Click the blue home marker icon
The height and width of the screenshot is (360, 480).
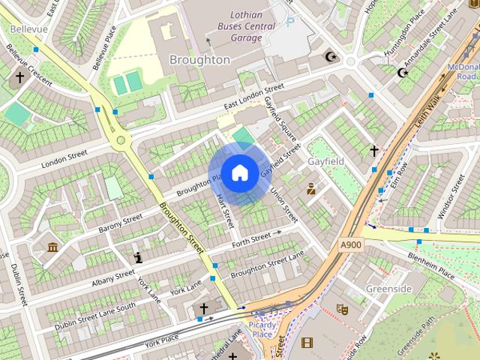[x=239, y=173]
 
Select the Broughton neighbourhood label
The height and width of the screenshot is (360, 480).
[x=199, y=59]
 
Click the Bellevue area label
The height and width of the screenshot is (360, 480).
[x=28, y=28]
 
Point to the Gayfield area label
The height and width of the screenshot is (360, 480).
[x=326, y=161]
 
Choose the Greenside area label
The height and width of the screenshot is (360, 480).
[x=388, y=289]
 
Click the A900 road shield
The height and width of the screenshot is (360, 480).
[x=350, y=244]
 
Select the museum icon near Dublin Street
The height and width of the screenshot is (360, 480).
[x=52, y=247]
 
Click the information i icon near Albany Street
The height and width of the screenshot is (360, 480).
[x=138, y=258]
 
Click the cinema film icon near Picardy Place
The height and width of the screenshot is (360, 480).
[x=306, y=343]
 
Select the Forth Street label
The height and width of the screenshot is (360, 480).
[x=251, y=239]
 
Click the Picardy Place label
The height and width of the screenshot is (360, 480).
[x=262, y=329]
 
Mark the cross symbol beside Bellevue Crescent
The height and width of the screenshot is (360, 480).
[x=19, y=77]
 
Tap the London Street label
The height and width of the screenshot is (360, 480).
[x=64, y=159]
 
